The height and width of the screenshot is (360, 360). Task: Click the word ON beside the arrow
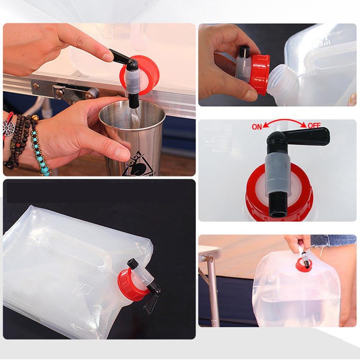point(257,127)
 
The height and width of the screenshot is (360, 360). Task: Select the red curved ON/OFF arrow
point(284,123)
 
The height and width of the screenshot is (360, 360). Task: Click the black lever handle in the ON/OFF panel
point(309,136)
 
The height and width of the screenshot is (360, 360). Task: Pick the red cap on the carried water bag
point(302,265)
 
